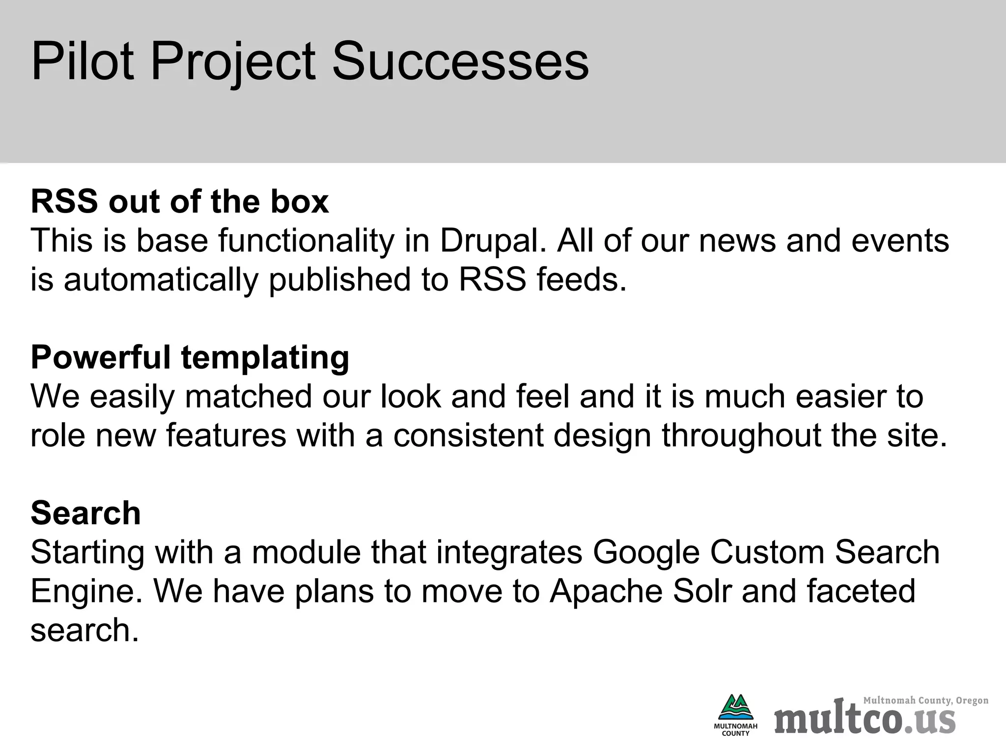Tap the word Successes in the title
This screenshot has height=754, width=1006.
click(460, 62)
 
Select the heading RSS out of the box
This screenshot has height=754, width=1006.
click(180, 201)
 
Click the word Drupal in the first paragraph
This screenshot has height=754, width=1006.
click(493, 241)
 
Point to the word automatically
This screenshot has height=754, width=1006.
click(161, 279)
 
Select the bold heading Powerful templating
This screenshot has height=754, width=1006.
click(190, 357)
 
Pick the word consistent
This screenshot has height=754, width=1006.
click(468, 435)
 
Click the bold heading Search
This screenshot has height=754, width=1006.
click(86, 512)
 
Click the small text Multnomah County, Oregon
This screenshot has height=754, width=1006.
click(925, 700)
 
